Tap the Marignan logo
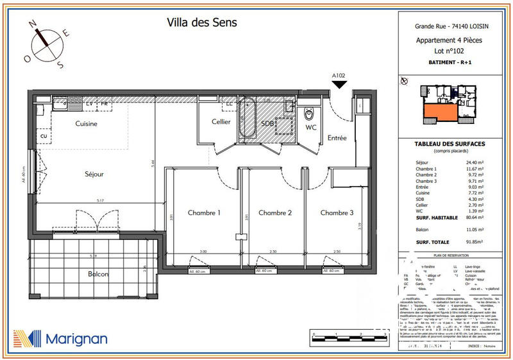tap(60, 338)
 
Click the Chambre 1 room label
tap(204, 213)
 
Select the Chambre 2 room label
tap(274, 213)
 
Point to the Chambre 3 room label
tap(337, 213)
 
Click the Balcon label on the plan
tap(98, 274)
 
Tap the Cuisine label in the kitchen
tap(86, 124)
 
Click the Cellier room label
tap(221, 122)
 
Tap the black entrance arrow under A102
tap(339, 84)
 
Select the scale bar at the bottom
tap(347, 336)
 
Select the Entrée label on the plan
tap(337, 138)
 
